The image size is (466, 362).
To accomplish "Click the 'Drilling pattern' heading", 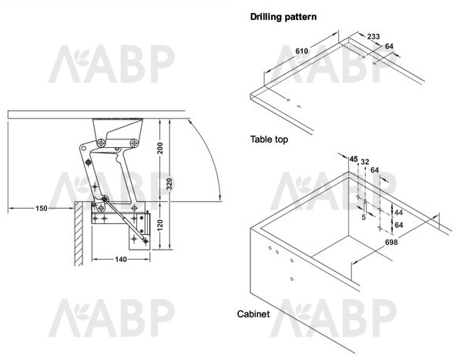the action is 283,17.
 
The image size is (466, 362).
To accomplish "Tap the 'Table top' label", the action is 269,139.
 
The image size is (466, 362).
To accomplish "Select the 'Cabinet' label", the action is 253,313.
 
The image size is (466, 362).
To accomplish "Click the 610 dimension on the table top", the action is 302,51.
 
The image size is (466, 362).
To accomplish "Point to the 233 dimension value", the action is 374,36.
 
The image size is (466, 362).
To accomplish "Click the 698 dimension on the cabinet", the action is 391,242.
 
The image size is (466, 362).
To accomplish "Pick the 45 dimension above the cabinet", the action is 354,159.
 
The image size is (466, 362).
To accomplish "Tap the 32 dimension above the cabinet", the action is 364,162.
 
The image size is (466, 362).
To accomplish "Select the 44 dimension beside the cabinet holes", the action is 398,213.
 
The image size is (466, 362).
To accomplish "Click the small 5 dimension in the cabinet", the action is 364,217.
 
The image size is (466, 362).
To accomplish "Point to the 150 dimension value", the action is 42,209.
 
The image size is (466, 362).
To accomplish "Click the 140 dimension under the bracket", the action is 121,260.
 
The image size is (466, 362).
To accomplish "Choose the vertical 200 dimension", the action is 160,149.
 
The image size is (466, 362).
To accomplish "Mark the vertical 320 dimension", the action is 169,184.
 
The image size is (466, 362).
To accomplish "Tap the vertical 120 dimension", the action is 160,226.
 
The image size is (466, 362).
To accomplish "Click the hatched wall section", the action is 78,233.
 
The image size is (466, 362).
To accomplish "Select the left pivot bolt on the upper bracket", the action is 101,143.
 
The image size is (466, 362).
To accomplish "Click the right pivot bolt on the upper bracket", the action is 134,143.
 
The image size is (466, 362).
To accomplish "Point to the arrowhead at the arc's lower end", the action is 220,198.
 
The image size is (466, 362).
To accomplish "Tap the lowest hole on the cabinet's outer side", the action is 292,279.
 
